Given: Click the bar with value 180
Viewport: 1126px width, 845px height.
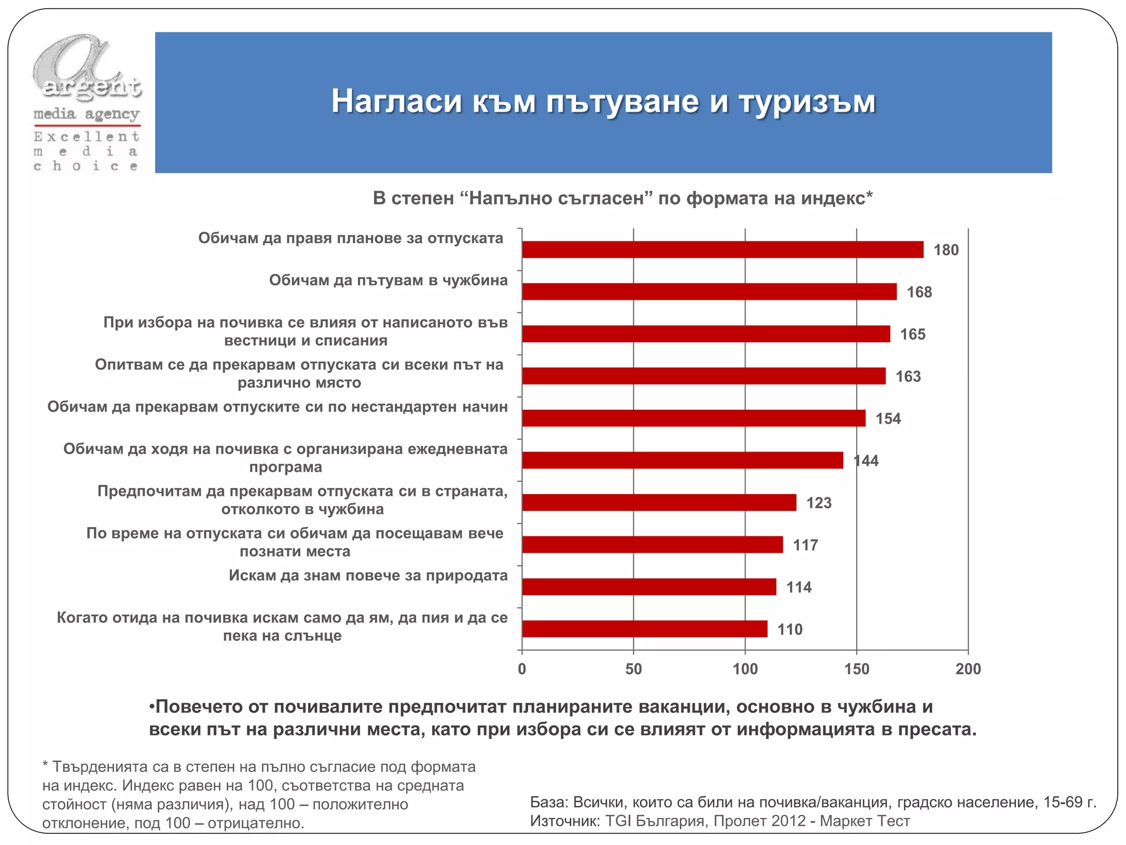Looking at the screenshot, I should (722, 250).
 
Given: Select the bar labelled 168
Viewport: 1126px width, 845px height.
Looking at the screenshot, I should (709, 292).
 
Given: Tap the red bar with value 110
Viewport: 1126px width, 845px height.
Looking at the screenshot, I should (644, 629).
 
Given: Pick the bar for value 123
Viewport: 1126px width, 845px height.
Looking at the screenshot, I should (659, 502).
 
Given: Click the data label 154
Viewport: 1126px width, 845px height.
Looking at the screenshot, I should (888, 419).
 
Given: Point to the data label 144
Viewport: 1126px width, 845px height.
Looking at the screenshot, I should (866, 461).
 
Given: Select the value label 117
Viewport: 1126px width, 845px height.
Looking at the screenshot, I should (805, 545).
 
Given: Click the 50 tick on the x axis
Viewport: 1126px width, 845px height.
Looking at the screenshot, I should (633, 669).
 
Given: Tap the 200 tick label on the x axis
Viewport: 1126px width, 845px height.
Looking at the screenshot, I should (968, 669).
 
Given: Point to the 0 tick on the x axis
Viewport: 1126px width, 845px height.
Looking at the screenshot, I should (522, 669).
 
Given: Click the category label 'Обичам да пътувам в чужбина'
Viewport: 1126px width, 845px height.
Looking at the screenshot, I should (388, 281).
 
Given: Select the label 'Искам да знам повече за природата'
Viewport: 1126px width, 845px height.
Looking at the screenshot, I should (368, 576).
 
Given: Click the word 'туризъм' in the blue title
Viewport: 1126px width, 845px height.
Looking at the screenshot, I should (807, 102).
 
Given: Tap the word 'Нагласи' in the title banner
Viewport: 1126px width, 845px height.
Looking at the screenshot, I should (396, 102).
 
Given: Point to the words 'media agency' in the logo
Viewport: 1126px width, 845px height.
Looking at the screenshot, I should (86, 114).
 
